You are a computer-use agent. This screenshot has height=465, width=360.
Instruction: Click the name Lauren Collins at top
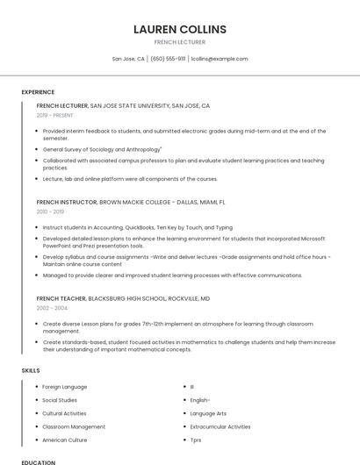pyautogui.click(x=179, y=29)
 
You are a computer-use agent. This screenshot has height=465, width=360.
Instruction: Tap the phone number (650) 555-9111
pyautogui.click(x=168, y=59)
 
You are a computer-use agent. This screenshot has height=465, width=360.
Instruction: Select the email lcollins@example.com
pyautogui.click(x=220, y=59)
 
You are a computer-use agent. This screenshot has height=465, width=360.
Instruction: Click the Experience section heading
pyautogui.click(x=38, y=91)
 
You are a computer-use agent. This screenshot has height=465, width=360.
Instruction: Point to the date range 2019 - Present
pyautogui.click(x=55, y=115)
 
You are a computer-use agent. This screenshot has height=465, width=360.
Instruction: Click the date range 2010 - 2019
pyautogui.click(x=50, y=211)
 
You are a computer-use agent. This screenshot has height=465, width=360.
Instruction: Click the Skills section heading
pyautogui.click(x=31, y=370)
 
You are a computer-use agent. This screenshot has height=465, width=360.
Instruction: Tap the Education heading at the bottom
pyautogui.click(x=38, y=461)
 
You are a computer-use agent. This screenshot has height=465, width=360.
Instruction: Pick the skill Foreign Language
pyautogui.click(x=64, y=386)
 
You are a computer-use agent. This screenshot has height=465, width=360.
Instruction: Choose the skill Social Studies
pyautogui.click(x=60, y=400)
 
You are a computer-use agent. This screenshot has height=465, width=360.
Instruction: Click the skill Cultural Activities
pyautogui.click(x=64, y=413)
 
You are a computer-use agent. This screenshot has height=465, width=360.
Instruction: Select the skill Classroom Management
pyautogui.click(x=74, y=426)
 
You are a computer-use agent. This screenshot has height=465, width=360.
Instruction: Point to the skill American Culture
pyautogui.click(x=65, y=440)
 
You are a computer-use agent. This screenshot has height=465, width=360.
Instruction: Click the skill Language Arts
pyautogui.click(x=208, y=413)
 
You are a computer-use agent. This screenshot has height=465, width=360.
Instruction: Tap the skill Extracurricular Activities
pyautogui.click(x=220, y=426)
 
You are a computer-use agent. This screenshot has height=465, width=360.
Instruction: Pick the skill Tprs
pyautogui.click(x=196, y=440)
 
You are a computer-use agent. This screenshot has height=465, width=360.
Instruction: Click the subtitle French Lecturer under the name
pyautogui.click(x=179, y=42)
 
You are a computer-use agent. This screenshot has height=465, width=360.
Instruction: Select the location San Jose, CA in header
pyautogui.click(x=128, y=59)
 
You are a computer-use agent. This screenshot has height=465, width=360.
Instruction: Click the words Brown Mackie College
pyautogui.click(x=133, y=202)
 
